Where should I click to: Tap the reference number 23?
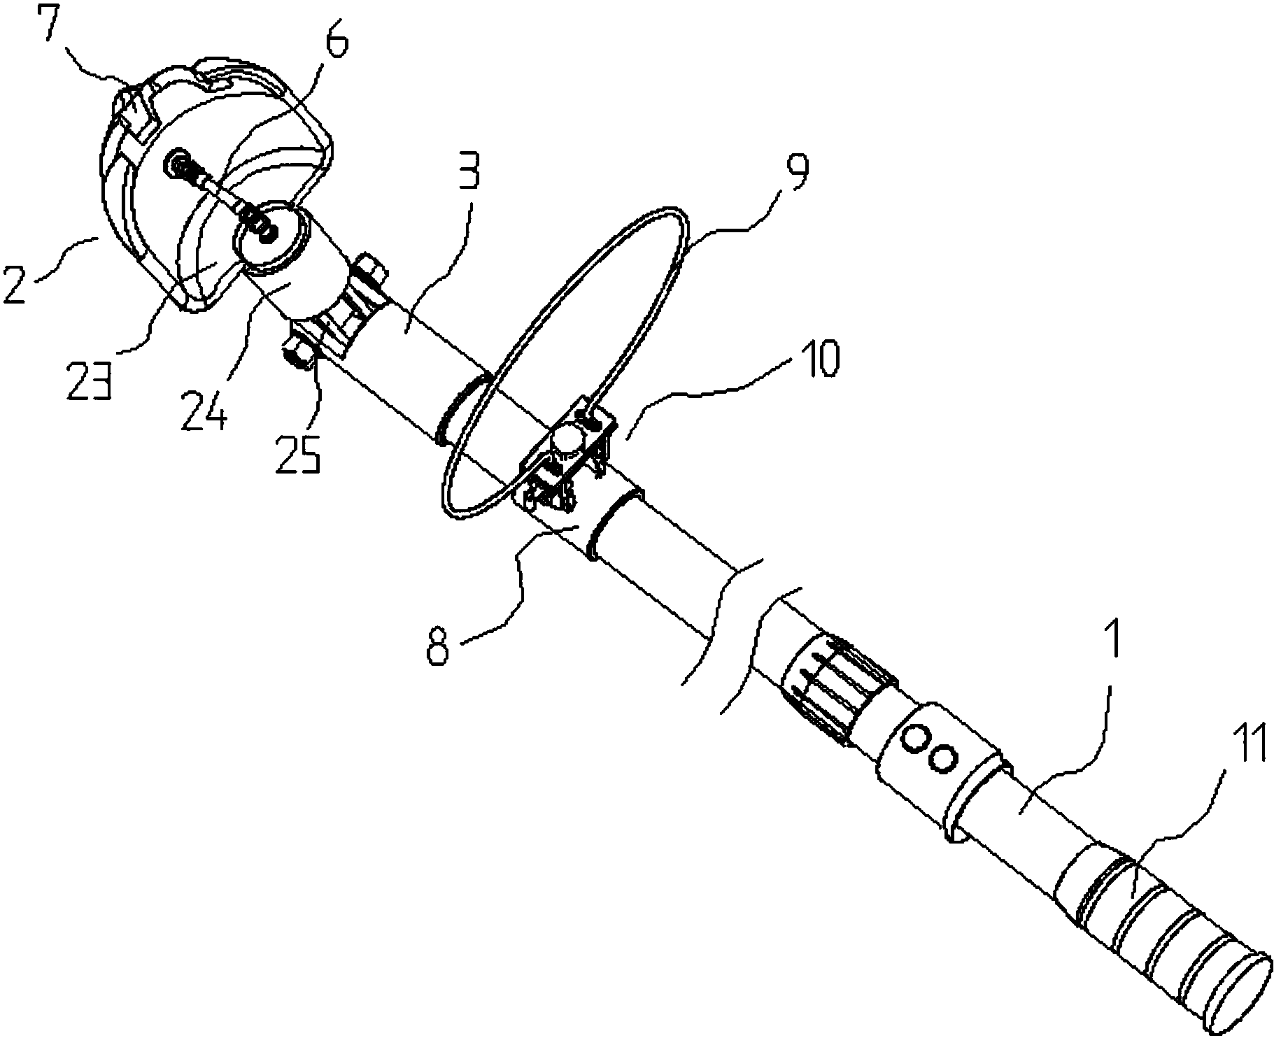tap(90, 383)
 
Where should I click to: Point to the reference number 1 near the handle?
tap(1112, 636)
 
